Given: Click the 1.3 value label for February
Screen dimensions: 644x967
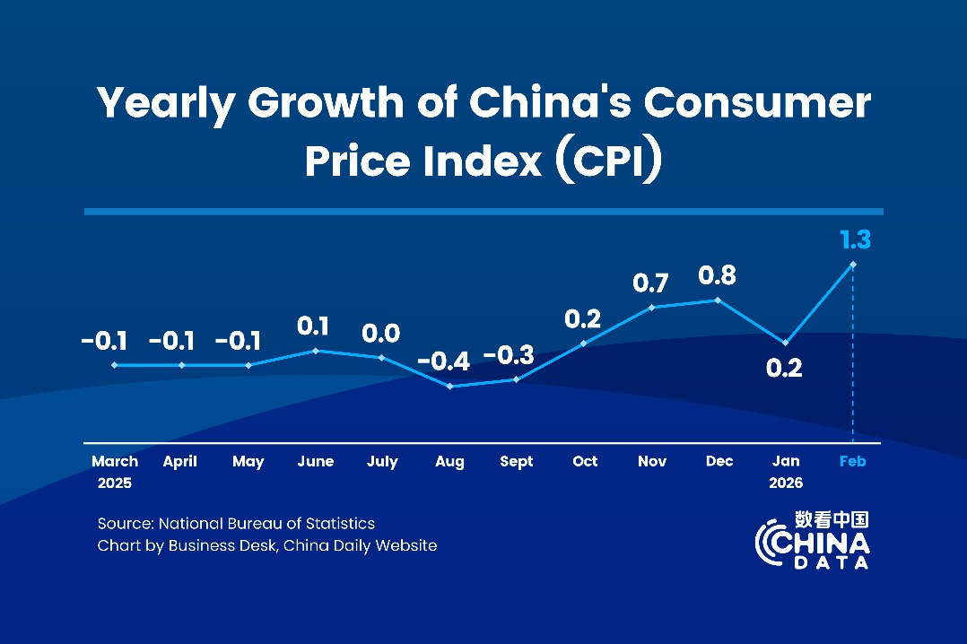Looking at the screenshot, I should (855, 239).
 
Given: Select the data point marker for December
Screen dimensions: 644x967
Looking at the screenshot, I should (716, 300).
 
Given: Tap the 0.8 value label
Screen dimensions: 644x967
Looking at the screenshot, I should (717, 276).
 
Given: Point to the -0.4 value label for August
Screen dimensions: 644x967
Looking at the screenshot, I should (443, 362).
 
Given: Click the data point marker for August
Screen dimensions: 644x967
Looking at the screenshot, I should (449, 387).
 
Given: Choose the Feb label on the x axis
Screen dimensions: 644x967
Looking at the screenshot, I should (852, 461).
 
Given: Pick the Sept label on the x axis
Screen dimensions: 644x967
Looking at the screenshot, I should (516, 461).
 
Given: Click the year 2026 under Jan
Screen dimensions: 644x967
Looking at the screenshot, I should (786, 483).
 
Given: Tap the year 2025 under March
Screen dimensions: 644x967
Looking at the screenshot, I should (115, 483).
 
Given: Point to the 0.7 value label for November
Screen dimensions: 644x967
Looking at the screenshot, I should (651, 283).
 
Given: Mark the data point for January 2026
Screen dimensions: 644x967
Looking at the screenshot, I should (786, 343).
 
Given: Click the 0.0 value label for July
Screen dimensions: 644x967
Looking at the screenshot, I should (380, 334).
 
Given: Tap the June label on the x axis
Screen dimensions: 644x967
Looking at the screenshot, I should (315, 461).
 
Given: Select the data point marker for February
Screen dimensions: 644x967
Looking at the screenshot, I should (853, 265).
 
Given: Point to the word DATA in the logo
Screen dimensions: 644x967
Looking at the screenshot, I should (831, 563).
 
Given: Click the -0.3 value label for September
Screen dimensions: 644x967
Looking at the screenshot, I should (509, 355).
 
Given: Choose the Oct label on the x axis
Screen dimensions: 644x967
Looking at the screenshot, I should (585, 461).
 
